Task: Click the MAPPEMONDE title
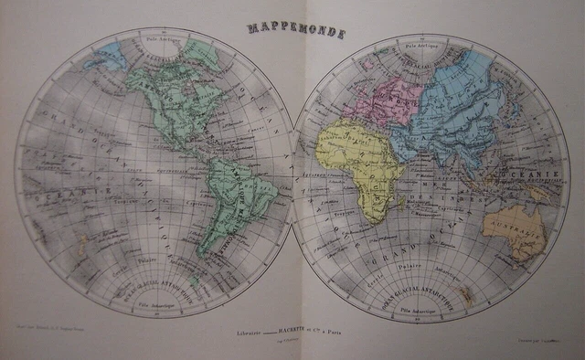tap(296, 33)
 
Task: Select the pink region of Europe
tap(388, 97)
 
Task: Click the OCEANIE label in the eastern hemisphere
tap(518, 175)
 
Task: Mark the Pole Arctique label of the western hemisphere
tap(155, 40)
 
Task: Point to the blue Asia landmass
tap(457, 110)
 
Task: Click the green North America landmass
tap(169, 101)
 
